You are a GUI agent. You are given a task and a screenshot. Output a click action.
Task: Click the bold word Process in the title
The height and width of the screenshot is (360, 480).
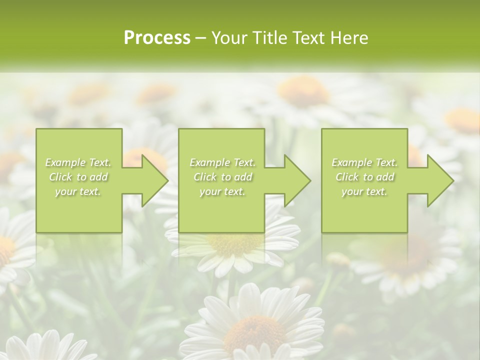157,38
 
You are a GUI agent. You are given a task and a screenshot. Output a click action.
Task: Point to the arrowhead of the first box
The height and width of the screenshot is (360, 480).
153,180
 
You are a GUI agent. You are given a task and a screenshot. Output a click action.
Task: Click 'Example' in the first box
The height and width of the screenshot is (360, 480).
65,162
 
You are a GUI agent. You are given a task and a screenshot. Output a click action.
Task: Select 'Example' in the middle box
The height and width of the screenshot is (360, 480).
209,162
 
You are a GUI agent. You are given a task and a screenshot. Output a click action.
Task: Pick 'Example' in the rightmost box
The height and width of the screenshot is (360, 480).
351,162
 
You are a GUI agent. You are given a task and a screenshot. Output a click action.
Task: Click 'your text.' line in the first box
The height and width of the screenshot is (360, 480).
78,191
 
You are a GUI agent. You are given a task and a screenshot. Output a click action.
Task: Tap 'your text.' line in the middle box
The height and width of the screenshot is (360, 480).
222,191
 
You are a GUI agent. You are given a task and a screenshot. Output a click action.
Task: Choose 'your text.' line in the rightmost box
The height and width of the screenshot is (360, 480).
364,191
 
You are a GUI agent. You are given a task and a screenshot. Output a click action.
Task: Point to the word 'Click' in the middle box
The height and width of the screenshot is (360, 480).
205,177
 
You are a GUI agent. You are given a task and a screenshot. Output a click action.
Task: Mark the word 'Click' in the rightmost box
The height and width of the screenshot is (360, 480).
347,177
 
